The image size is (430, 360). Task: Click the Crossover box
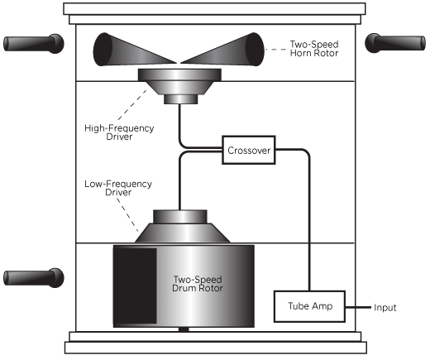(x=249, y=150)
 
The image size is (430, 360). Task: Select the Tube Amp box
(x=309, y=306)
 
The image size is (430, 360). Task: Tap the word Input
(x=385, y=307)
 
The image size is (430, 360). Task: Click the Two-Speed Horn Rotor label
(x=314, y=49)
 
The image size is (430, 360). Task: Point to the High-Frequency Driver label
(x=119, y=132)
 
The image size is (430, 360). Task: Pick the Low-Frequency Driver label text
(x=118, y=188)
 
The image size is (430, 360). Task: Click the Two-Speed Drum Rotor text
(x=198, y=284)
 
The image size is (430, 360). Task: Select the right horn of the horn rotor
(x=223, y=50)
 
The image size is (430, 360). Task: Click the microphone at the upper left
(x=34, y=44)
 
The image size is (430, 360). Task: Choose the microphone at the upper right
(x=395, y=43)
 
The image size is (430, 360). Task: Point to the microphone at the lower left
(x=34, y=277)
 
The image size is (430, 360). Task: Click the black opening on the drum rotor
(x=135, y=286)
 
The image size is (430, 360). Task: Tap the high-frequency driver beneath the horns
(x=179, y=85)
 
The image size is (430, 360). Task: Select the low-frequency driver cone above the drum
(x=182, y=226)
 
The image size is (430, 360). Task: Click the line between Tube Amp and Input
(x=358, y=307)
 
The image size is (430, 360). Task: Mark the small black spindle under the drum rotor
(x=184, y=329)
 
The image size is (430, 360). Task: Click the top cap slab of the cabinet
(x=214, y=9)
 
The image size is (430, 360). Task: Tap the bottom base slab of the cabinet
(x=216, y=348)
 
